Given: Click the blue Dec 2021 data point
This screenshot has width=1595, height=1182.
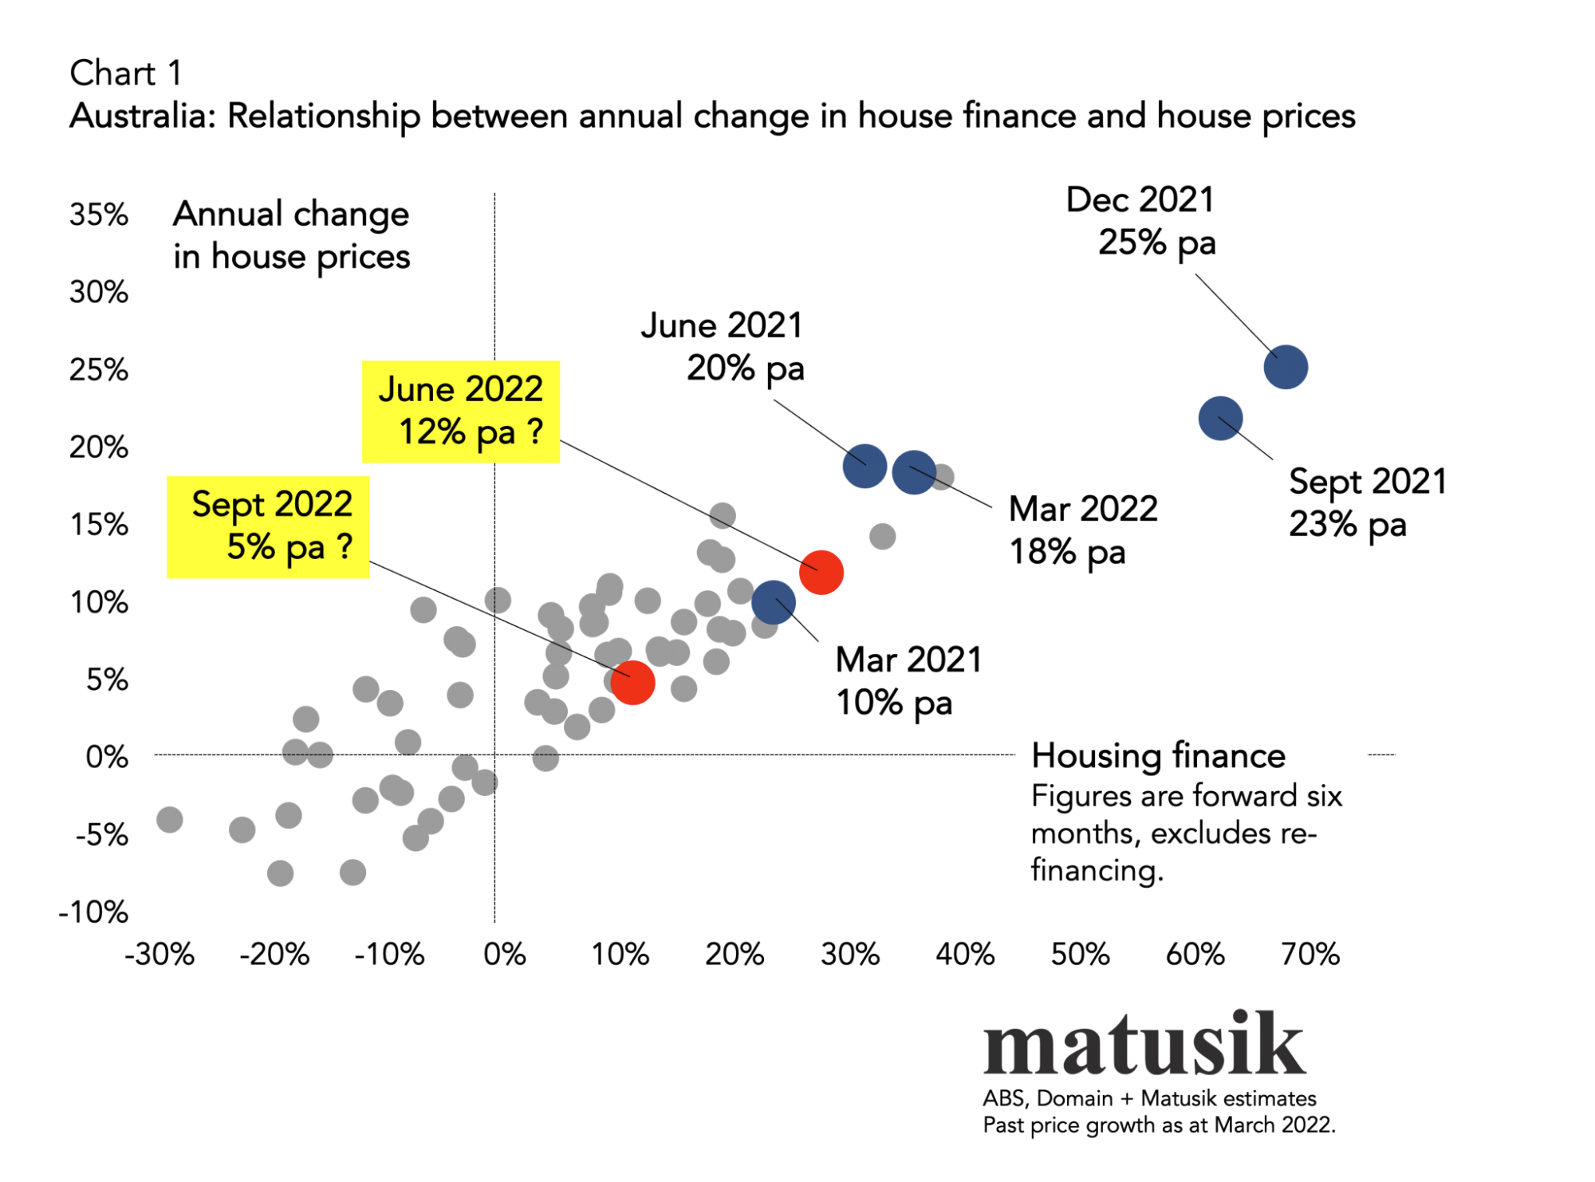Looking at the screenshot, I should point(1286,367).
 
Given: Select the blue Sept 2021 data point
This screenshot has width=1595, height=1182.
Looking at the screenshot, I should point(1220,418).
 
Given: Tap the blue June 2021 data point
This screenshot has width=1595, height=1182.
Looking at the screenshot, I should point(864,466).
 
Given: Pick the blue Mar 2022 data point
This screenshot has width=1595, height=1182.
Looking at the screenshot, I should point(914,472).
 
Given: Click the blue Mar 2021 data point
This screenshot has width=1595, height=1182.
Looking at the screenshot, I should point(774,602).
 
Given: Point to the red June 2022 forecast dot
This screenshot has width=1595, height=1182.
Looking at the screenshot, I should point(821,573).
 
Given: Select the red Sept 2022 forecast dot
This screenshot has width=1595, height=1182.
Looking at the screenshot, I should point(632,683).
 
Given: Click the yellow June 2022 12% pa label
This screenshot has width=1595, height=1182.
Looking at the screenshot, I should point(461,412).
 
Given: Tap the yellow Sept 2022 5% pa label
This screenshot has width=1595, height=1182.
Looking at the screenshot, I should point(269,526).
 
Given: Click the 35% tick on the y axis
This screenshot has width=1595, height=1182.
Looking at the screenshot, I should point(99,215).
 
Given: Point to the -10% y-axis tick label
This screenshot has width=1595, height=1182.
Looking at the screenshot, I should point(93,912).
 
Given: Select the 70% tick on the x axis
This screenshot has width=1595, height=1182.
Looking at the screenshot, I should point(1309,955).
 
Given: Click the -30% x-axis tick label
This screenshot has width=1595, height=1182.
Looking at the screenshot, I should point(159,955).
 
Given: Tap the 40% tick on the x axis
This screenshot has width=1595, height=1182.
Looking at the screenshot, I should point(964,955).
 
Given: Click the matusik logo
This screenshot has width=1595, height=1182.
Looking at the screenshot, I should point(1144,1045).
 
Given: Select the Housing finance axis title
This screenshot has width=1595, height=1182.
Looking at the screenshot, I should point(1158,756).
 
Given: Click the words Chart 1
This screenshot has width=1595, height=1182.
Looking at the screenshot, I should point(126,73).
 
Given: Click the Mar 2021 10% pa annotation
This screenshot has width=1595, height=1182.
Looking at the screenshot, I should point(908,681).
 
